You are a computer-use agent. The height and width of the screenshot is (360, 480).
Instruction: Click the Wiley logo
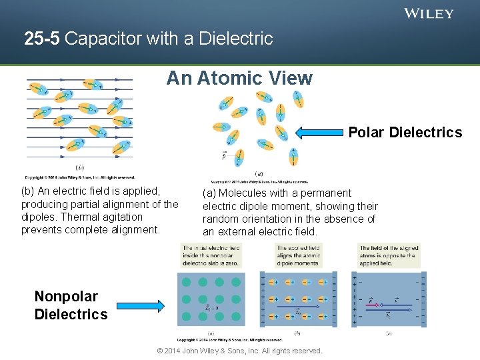(429, 13)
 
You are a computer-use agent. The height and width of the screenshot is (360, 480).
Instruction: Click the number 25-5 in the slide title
(42, 39)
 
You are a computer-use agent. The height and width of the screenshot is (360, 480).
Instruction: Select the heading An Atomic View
(239, 78)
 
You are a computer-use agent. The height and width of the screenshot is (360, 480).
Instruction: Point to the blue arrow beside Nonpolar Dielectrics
(139, 306)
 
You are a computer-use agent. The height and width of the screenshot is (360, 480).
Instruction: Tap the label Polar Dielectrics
(405, 132)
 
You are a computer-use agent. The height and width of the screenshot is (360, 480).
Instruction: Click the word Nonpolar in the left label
(66, 297)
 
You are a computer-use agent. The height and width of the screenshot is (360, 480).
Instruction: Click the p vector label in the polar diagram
(225, 155)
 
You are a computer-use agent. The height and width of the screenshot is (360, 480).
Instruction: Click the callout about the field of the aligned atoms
(389, 255)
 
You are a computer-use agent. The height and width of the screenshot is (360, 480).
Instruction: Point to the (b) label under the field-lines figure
(80, 167)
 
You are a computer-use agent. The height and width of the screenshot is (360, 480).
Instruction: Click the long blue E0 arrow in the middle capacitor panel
(298, 308)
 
